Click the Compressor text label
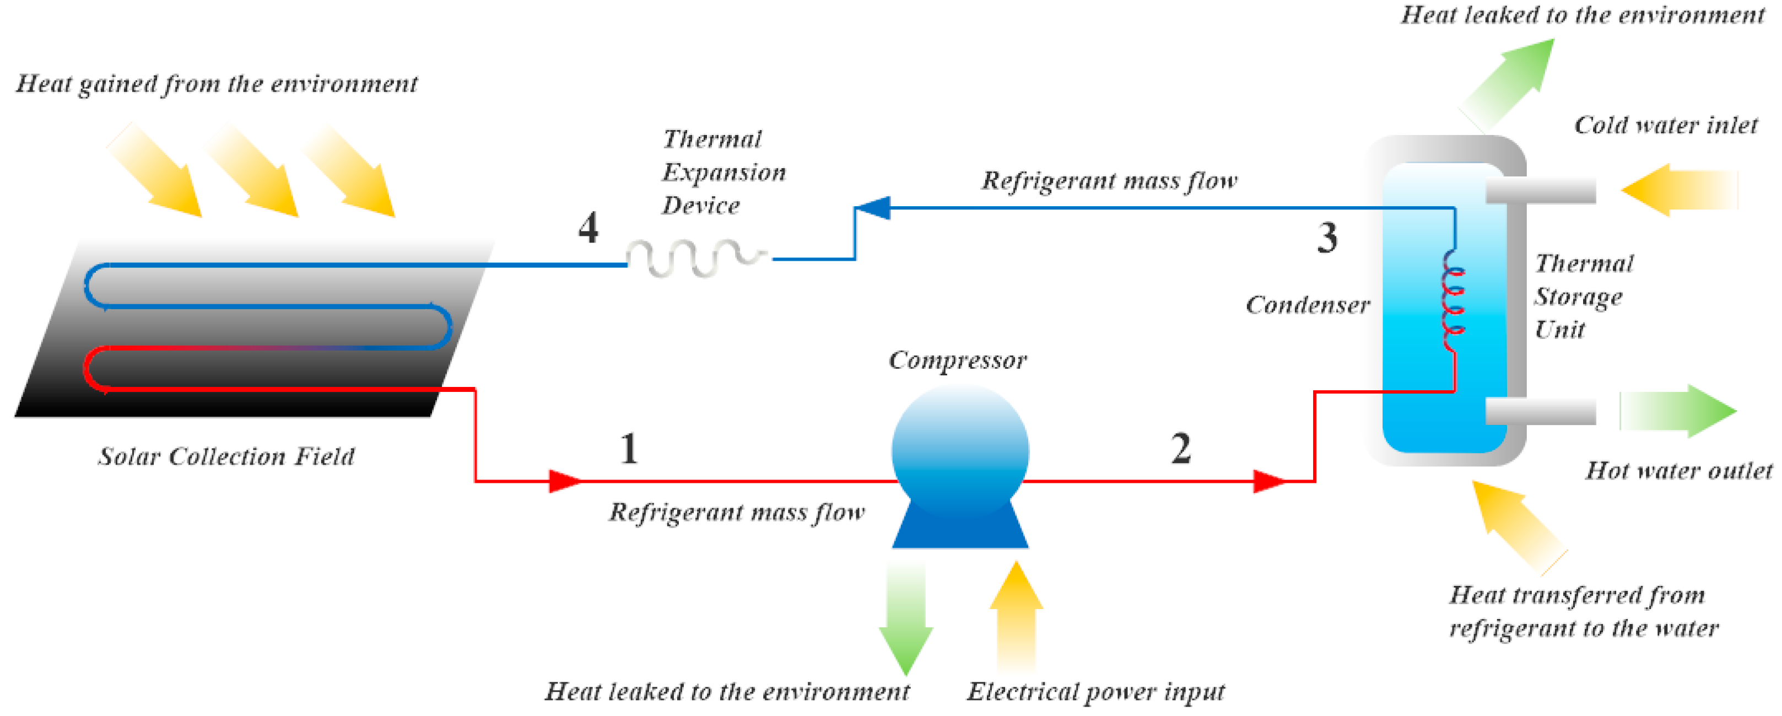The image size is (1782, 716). [x=958, y=360]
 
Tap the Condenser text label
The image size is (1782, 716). [x=1308, y=304]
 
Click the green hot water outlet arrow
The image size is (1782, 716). [x=1677, y=411]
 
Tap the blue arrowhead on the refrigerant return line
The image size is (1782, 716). [x=873, y=208]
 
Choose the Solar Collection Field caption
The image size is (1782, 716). [x=226, y=456]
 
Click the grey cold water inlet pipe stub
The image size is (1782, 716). [x=1541, y=190]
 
